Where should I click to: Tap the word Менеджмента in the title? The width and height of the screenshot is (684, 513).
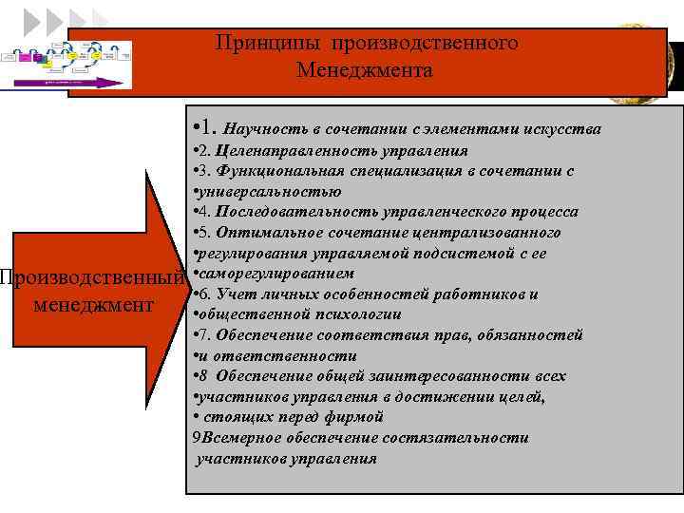(x=364, y=70)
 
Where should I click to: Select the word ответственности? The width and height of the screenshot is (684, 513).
(x=285, y=356)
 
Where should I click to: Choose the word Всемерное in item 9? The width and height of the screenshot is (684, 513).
(x=239, y=438)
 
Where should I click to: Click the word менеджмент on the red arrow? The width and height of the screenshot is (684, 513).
(x=92, y=306)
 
